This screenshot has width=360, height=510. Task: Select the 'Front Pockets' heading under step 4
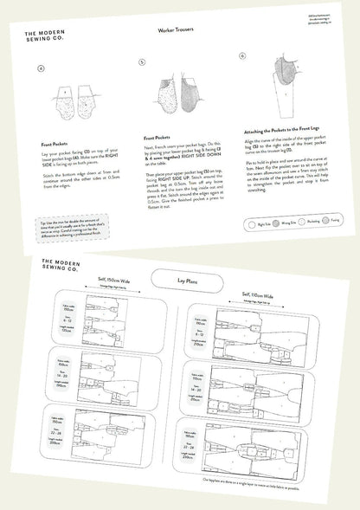[x=55, y=145]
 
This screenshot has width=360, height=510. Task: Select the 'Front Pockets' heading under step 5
[x=156, y=137]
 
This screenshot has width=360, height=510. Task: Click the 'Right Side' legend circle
[x=251, y=223]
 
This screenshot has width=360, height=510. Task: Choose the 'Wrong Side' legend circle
[x=278, y=222]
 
